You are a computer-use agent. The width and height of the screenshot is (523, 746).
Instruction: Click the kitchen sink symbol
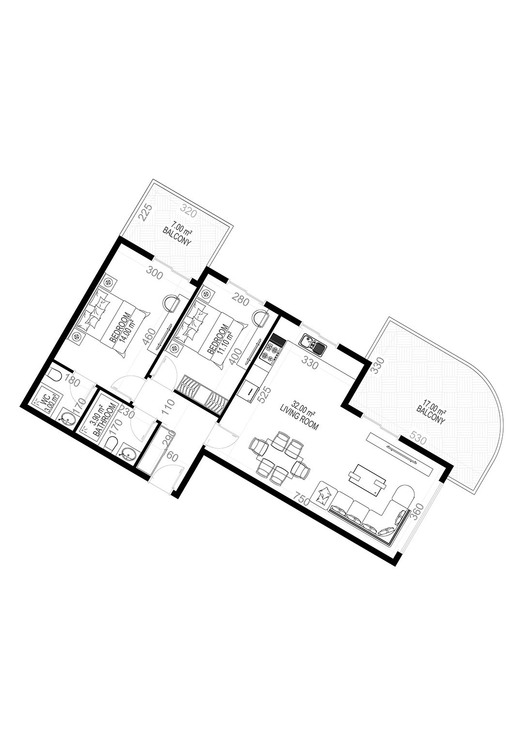(313, 344)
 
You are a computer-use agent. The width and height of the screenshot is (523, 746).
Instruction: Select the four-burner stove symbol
(272, 353)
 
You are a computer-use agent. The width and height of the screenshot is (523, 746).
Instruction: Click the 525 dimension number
(267, 396)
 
